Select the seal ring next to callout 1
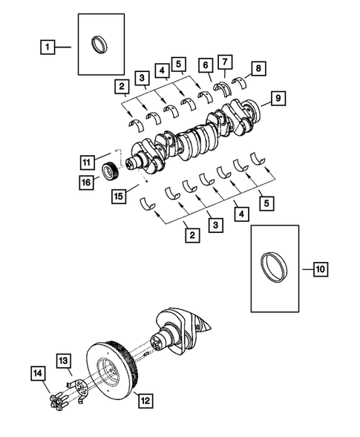99,45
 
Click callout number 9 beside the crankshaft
276,98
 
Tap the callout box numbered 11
86,161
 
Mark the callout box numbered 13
65,361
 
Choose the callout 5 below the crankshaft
264,200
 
